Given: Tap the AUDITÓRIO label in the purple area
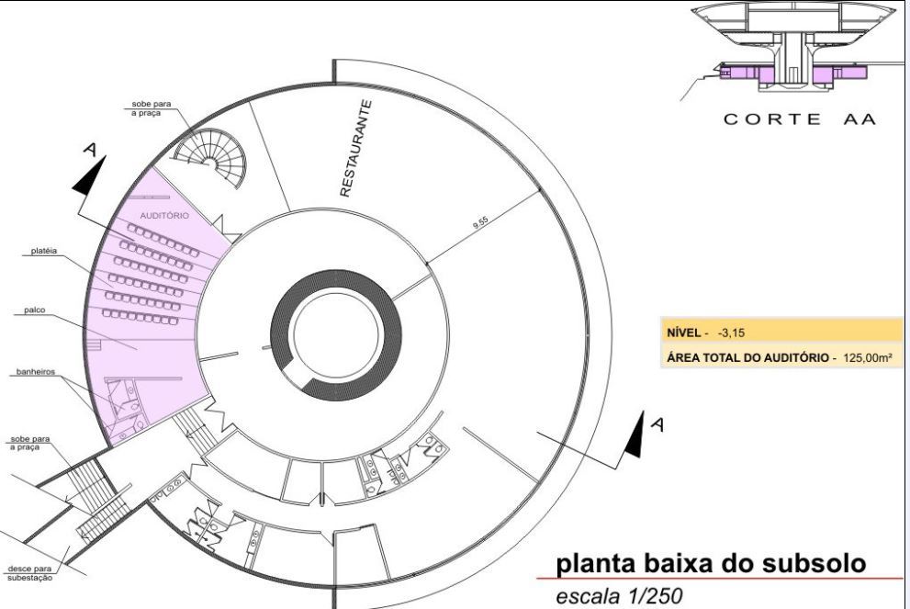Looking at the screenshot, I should (x=165, y=216).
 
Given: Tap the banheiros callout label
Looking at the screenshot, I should (x=35, y=373).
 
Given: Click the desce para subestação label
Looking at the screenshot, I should (x=30, y=572).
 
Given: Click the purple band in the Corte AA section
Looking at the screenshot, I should (x=790, y=71).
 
